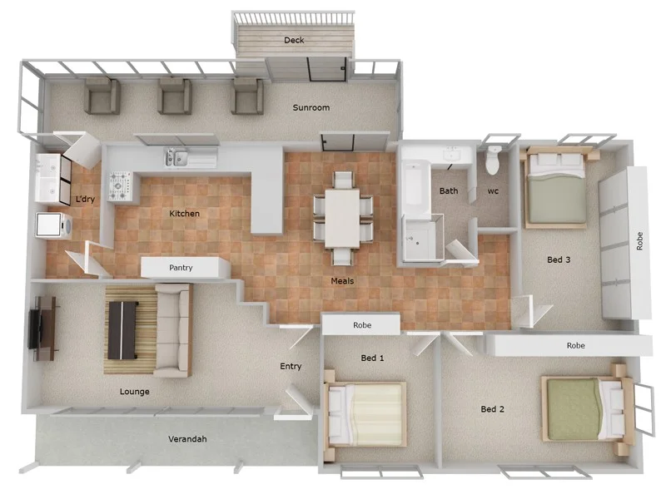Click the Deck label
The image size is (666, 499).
click(x=294, y=40)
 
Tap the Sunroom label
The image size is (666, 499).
click(x=311, y=108)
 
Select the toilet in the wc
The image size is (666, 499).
click(x=494, y=160)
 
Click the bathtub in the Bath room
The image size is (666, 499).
click(x=414, y=187)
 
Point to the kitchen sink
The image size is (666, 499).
click(x=178, y=156)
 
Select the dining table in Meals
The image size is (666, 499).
click(x=342, y=215)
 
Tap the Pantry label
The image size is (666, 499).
click(x=181, y=268)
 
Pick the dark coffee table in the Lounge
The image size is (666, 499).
click(x=122, y=330)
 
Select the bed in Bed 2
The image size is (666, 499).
click(x=582, y=408)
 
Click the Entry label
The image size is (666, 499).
click(x=291, y=367)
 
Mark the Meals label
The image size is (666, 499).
click(x=342, y=281)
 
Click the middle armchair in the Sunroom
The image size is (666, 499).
click(x=175, y=96)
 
